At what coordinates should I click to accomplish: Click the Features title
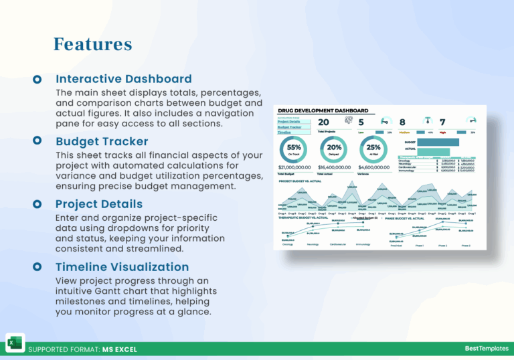pyautogui.click(x=92, y=44)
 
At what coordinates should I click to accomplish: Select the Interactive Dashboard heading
pyautogui.click(x=123, y=79)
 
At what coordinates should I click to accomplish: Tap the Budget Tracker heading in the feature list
pyautogui.click(x=102, y=141)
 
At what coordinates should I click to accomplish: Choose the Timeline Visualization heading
pyautogui.click(x=122, y=266)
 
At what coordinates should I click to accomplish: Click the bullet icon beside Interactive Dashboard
pyautogui.click(x=38, y=79)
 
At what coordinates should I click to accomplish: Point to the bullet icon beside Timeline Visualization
pyautogui.click(x=38, y=266)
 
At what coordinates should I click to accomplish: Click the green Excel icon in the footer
pyautogui.click(x=15, y=343)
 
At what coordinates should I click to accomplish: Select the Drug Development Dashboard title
pyautogui.click(x=323, y=110)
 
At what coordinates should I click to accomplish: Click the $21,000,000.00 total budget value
pyautogui.click(x=294, y=167)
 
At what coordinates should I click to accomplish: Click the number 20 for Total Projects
pyautogui.click(x=323, y=122)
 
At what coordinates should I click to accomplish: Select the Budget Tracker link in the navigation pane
pyautogui.click(x=289, y=127)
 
